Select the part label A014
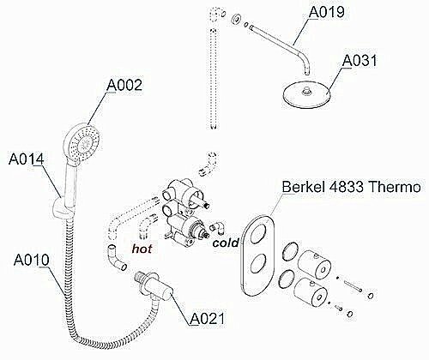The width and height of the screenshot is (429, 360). coord(26,159)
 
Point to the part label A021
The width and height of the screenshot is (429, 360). coord(207,318)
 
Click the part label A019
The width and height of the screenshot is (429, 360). coord(326,12)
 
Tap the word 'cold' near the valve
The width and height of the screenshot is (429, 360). coord(223,243)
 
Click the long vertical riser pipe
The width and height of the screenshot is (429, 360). coord(211,69)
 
